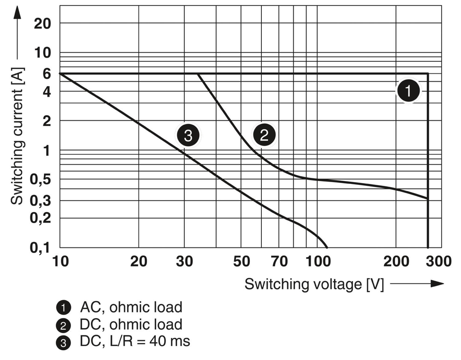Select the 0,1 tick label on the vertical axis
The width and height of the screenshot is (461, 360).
pyautogui.click(x=41, y=248)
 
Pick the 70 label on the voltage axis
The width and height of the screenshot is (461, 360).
pyautogui.click(x=279, y=262)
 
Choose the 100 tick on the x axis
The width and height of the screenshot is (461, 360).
pyautogui.click(x=317, y=262)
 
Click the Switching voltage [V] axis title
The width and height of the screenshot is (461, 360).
pyautogui.click(x=314, y=284)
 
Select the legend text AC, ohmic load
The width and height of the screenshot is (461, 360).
pyautogui.click(x=131, y=307)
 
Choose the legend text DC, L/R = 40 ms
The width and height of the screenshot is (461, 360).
pyautogui.click(x=135, y=341)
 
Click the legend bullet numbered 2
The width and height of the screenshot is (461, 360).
pyautogui.click(x=61, y=325)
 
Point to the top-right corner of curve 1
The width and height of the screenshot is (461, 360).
pyautogui.click(x=428, y=74)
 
